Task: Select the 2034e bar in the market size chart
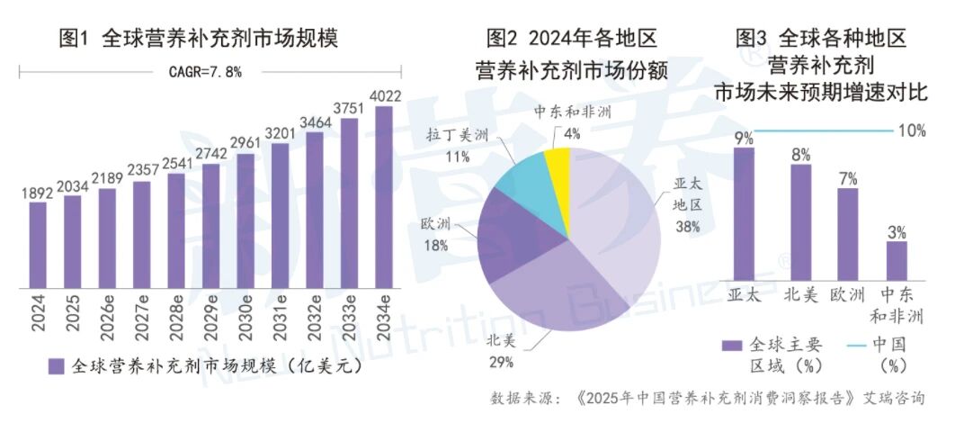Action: [x=384, y=197]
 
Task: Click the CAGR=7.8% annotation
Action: [x=204, y=71]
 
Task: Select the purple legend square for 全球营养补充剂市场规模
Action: [x=56, y=366]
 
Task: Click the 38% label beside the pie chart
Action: [x=688, y=227]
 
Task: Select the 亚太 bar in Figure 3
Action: [x=744, y=212]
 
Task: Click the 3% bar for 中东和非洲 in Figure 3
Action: [x=896, y=260]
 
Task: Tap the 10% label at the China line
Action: [x=911, y=131]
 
